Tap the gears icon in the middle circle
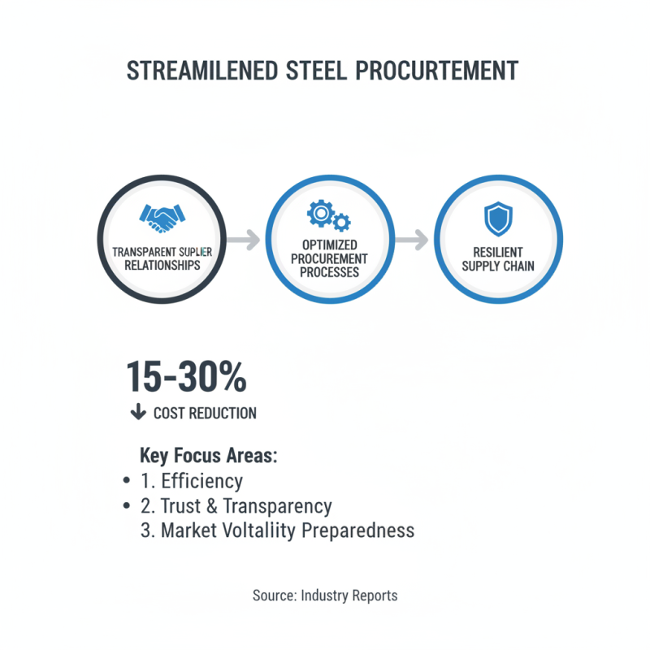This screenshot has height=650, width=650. tap(328, 215)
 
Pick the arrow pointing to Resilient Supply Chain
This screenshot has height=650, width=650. tap(413, 240)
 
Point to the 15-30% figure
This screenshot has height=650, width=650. tap(186, 377)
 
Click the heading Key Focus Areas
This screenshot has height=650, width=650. tap(209, 455)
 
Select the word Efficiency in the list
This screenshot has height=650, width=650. tap(202, 480)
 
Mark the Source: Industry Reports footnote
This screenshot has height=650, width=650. tap(325, 596)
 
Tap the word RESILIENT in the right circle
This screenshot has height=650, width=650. tap(498, 253)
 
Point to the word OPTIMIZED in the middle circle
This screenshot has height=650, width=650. tap(329, 245)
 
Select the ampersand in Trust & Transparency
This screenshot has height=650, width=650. tap(211, 506)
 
